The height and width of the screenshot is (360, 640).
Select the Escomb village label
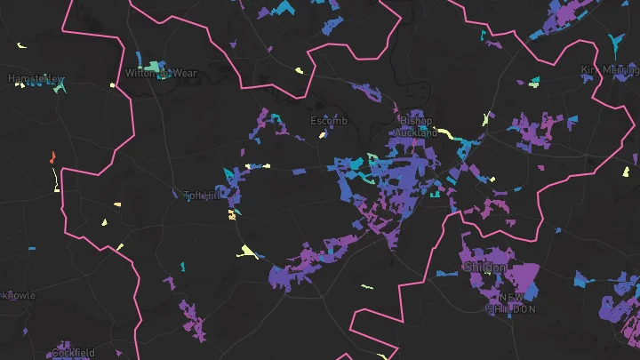tap(329, 121)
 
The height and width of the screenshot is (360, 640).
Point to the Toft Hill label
tap(201, 195)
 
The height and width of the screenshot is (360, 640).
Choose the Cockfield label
tap(73, 353)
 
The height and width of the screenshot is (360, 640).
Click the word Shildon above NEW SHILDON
tap(485, 268)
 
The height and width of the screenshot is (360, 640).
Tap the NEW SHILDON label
tap(511, 303)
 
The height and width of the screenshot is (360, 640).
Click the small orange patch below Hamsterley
tap(53, 156)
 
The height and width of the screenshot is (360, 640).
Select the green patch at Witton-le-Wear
tap(156, 66)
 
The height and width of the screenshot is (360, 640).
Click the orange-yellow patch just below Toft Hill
tap(232, 214)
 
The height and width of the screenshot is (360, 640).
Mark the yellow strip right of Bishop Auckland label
tap(450, 136)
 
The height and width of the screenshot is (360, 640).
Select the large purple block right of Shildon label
tap(526, 279)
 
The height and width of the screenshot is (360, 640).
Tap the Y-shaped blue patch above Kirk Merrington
tap(614, 41)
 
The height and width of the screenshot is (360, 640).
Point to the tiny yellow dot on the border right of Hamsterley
tap(113, 84)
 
